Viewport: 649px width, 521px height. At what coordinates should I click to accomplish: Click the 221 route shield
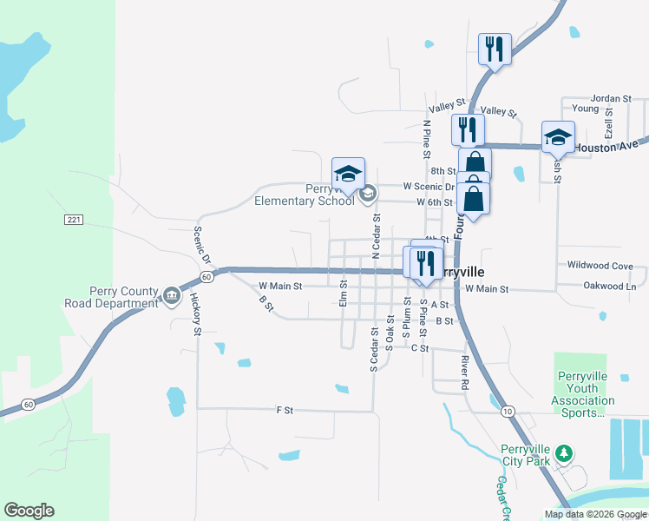pos(73,221)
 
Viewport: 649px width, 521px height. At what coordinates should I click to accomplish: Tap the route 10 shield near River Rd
pos(507,410)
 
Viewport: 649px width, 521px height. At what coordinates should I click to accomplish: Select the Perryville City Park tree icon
pos(564,452)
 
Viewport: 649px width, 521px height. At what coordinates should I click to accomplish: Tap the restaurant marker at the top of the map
pos(495,49)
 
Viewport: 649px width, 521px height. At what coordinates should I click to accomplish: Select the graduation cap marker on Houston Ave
pos(558,137)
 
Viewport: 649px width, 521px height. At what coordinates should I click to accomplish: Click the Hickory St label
pos(197,320)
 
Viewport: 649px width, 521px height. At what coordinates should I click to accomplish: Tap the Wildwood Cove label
pos(600,266)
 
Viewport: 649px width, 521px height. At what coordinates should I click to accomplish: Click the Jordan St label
pos(611,99)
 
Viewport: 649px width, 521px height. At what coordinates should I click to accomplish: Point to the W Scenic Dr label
pos(429,187)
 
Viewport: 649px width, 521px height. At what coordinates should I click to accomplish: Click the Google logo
pos(29,511)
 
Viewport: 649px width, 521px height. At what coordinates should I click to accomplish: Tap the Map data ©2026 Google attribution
pos(595,514)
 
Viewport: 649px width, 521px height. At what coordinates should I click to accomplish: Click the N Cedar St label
pos(376,235)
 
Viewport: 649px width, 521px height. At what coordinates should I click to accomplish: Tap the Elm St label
pos(344,292)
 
